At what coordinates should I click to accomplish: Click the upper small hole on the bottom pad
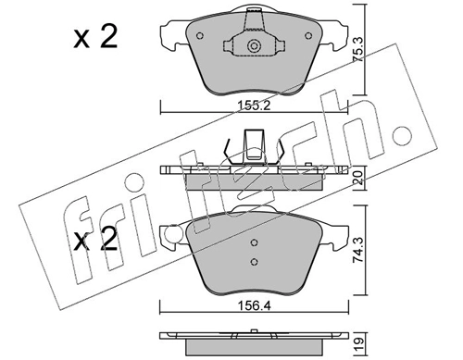[x=254, y=244]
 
